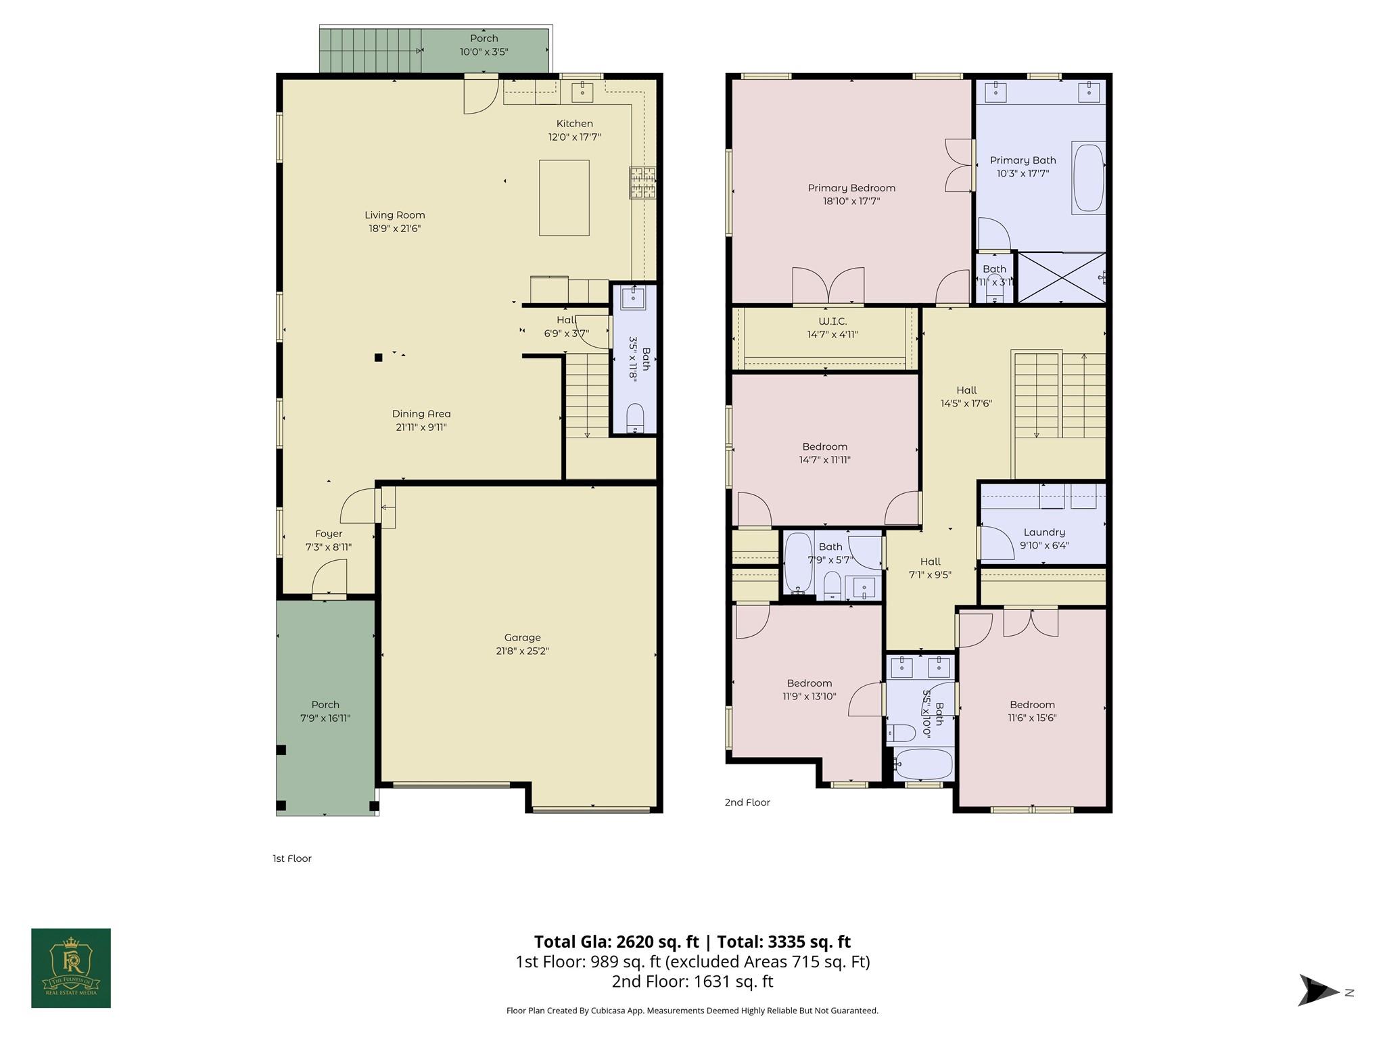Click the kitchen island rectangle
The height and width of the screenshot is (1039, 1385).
(x=563, y=198)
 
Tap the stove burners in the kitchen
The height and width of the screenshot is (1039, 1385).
(x=642, y=183)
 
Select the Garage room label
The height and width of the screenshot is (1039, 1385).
(x=522, y=637)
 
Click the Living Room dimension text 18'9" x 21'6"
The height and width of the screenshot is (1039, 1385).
(x=395, y=229)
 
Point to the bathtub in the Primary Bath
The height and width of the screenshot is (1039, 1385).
(x=1088, y=177)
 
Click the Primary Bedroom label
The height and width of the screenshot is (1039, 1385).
(x=851, y=188)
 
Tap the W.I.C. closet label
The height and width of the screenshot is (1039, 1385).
(x=832, y=321)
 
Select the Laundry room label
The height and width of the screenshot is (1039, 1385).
(x=1043, y=532)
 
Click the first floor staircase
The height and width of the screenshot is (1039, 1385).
(x=587, y=396)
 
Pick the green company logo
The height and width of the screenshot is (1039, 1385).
(x=71, y=968)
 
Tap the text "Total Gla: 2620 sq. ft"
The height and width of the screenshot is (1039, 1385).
(x=616, y=942)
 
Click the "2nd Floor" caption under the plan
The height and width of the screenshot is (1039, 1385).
(x=747, y=802)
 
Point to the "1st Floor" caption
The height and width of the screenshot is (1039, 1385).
(x=292, y=858)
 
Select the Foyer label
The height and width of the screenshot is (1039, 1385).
(x=329, y=534)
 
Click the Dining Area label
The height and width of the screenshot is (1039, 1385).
(x=421, y=414)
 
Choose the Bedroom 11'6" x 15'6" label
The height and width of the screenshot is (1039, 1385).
(x=1032, y=705)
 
